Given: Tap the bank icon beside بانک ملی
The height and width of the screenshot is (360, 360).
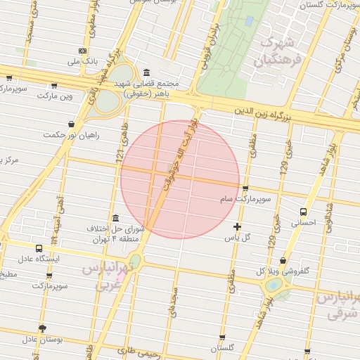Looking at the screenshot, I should (x=83, y=51).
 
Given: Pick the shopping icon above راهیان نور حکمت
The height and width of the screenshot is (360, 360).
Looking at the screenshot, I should (x=72, y=124).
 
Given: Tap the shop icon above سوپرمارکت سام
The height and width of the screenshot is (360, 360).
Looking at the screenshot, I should (x=245, y=188).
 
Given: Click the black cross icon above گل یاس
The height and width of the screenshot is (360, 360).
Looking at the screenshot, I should (x=237, y=226).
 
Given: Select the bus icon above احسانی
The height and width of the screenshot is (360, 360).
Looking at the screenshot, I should (x=303, y=211).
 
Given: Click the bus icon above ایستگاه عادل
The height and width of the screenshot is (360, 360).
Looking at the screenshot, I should (x=39, y=248).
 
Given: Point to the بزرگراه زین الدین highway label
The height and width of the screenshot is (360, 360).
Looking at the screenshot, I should (x=262, y=110).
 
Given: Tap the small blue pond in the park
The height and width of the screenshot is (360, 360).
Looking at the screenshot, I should (x=248, y=21).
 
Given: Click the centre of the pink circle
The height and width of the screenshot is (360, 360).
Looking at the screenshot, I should (x=180, y=179).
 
